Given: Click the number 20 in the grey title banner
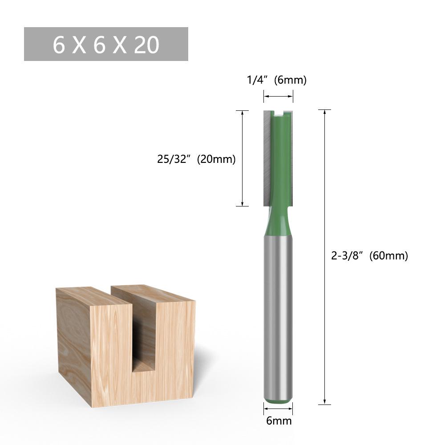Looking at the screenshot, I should (146, 45).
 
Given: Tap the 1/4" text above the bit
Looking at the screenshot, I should (258, 80).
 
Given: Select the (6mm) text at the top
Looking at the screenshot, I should (290, 80).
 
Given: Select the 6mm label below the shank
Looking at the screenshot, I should (279, 421).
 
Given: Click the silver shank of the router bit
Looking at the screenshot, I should (278, 311).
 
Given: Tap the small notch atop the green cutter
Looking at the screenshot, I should (279, 115).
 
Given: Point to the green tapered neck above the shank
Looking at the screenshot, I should (278, 220).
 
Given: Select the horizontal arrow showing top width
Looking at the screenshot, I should (278, 95).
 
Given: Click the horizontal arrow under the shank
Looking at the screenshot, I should (278, 405).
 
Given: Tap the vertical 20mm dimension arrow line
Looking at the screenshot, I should (242, 158).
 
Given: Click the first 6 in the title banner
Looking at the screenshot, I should (59, 45).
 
